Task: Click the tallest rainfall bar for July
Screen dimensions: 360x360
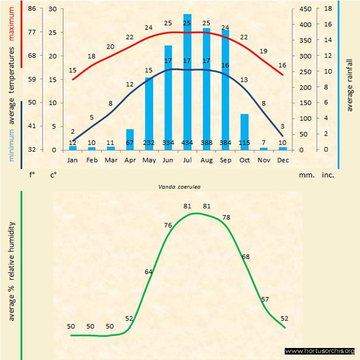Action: click(187, 82)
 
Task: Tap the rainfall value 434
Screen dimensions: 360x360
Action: click(187, 143)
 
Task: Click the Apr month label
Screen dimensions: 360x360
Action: click(130, 160)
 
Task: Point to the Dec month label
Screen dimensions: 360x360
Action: click(283, 160)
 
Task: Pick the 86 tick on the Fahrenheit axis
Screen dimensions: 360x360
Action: click(32, 9)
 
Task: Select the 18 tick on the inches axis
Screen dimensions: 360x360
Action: click(328, 9)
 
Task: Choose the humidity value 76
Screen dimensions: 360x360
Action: click(168, 225)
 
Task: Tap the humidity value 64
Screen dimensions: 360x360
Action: click(149, 271)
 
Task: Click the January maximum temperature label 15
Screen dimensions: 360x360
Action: click(73, 70)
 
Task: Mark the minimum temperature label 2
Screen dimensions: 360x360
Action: click(73, 131)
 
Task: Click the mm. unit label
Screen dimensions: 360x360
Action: click(305, 176)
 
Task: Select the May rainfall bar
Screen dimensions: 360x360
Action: click(149, 113)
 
